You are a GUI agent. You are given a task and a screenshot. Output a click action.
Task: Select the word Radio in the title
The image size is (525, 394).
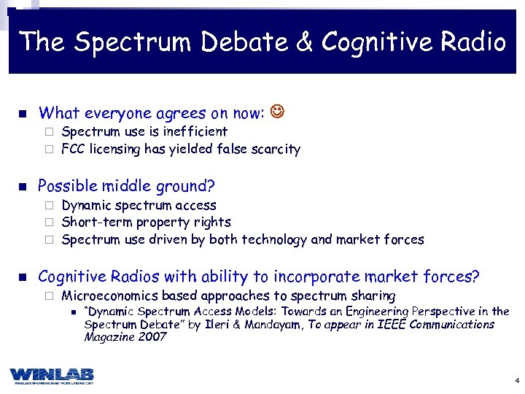click(x=477, y=42)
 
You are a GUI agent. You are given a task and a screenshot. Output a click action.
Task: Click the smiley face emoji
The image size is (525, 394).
click(x=278, y=112)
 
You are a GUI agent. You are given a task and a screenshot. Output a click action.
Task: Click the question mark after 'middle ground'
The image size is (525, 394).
click(x=211, y=186)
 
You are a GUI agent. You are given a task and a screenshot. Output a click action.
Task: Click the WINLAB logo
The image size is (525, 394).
click(x=52, y=375)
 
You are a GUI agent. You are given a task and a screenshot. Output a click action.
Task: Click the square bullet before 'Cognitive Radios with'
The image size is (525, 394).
click(x=23, y=277)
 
